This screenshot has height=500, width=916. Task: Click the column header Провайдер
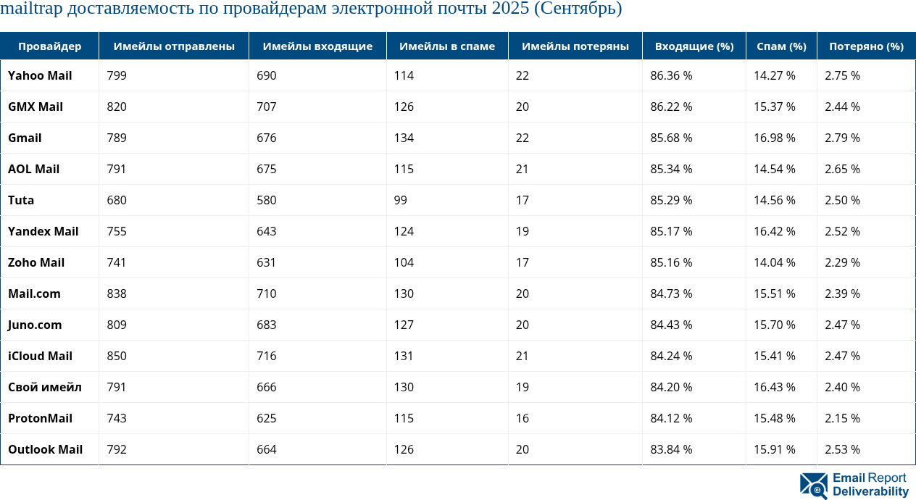(x=49, y=46)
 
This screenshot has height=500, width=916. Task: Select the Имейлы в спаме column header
(x=446, y=46)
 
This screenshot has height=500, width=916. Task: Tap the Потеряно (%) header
(x=866, y=46)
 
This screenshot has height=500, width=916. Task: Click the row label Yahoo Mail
(x=40, y=75)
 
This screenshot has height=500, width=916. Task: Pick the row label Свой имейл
(x=45, y=387)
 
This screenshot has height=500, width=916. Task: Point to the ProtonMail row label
(x=41, y=418)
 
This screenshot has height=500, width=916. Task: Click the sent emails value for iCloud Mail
(x=117, y=356)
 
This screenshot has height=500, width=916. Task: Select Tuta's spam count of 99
(x=401, y=200)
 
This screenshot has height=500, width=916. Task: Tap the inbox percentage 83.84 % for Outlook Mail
(x=671, y=449)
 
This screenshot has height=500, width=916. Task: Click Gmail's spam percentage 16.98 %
(x=775, y=138)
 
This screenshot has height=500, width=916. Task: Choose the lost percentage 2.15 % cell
(x=842, y=418)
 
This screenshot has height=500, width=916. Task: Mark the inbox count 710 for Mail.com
(x=267, y=293)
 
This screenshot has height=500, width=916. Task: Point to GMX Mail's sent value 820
(x=117, y=107)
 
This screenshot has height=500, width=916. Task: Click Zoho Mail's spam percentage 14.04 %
(x=775, y=262)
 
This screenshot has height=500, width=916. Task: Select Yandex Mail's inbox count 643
(x=267, y=231)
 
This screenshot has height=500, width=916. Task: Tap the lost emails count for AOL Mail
(x=522, y=169)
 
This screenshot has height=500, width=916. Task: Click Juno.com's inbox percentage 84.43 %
(x=671, y=325)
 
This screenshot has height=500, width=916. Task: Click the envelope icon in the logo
(x=813, y=486)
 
